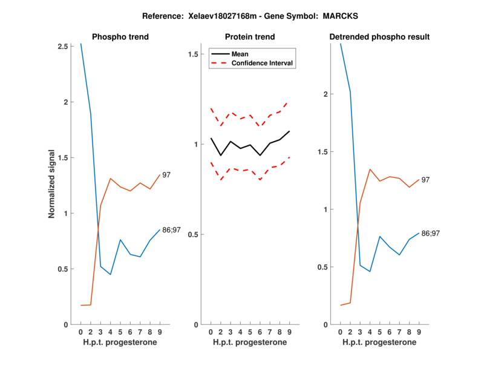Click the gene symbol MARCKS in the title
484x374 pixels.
(324, 16)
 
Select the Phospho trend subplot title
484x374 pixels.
(120, 38)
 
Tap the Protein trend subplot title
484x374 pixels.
(250, 38)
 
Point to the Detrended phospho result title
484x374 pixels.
(379, 38)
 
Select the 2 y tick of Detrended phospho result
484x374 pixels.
(327, 94)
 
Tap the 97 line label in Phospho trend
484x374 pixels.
(166, 175)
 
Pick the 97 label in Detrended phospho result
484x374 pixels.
(425, 180)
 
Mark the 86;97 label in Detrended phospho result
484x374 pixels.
(431, 233)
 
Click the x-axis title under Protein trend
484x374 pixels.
(250, 343)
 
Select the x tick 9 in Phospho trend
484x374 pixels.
(159, 332)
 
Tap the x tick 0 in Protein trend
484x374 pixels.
(211, 332)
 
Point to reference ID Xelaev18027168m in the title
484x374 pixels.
(216, 16)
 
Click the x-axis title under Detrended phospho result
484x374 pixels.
(379, 343)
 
